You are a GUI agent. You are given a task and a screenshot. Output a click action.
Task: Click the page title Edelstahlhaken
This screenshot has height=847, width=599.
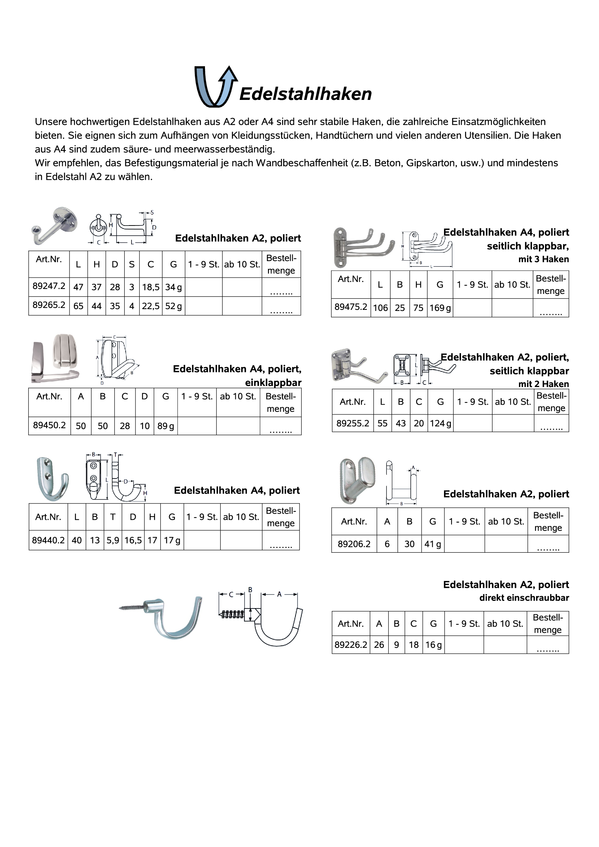[306, 94]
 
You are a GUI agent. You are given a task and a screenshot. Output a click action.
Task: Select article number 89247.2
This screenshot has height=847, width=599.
[49, 286]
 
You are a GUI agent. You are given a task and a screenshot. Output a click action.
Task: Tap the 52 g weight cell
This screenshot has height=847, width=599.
[173, 306]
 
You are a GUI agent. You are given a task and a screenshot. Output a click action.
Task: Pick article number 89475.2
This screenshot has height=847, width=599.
[351, 307]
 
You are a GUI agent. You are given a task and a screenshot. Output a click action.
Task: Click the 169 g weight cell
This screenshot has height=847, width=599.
[440, 308]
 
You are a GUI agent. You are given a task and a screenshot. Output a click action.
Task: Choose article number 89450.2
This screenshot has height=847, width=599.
[50, 425]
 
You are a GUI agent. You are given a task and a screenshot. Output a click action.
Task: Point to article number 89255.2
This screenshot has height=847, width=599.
[352, 423]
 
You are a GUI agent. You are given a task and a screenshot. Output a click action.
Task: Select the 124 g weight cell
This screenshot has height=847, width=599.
[440, 423]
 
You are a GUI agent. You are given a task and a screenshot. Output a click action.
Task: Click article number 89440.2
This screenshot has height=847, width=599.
[49, 540]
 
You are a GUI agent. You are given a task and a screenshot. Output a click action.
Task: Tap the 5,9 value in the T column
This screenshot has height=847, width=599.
[113, 540]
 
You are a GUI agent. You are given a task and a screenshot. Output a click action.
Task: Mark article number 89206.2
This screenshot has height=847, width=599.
[354, 544]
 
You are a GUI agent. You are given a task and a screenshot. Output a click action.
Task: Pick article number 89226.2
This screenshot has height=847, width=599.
[351, 645]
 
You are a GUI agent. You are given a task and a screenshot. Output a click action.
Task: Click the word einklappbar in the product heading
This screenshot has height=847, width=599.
[273, 383]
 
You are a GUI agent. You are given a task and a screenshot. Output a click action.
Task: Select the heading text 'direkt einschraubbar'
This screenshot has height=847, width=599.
[524, 598]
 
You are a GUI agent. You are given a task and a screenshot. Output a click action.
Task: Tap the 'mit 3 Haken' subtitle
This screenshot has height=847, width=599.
[543, 259]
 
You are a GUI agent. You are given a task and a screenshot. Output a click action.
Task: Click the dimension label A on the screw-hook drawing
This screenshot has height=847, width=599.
[279, 594]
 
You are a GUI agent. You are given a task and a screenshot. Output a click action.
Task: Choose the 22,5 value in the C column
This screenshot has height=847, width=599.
[151, 306]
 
